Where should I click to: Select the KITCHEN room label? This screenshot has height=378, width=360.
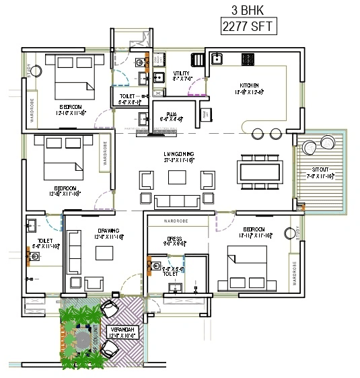coord(250,85)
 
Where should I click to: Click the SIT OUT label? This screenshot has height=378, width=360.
coord(320,172)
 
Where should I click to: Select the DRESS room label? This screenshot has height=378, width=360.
coord(175,239)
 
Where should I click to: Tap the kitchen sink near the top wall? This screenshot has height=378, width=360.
coord(218,59)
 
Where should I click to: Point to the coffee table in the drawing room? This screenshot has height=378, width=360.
coord(104,253)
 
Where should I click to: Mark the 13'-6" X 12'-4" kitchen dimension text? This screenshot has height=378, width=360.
coord(249,92)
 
